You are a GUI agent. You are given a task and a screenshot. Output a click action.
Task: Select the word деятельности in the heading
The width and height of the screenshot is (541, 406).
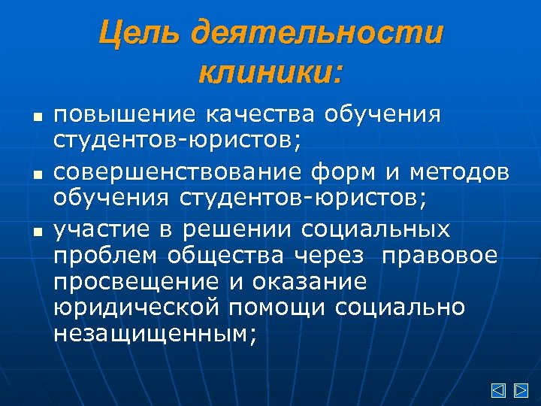317,35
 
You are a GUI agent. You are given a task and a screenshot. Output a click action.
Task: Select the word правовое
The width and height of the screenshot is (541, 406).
440,256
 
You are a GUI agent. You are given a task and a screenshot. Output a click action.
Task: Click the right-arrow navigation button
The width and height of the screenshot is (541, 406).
520,390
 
